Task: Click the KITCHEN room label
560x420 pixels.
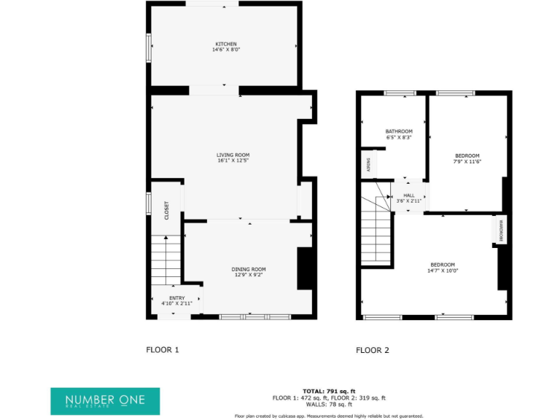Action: pyautogui.click(x=225, y=44)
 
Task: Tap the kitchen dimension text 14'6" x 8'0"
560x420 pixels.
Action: pyautogui.click(x=225, y=50)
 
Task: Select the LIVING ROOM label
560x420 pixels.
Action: pyautogui.click(x=233, y=155)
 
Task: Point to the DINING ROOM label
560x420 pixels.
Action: pyautogui.click(x=249, y=269)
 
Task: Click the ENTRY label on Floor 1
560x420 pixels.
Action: pyautogui.click(x=177, y=297)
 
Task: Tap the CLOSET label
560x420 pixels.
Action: pyautogui.click(x=166, y=211)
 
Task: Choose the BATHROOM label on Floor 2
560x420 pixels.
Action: pyautogui.click(x=399, y=131)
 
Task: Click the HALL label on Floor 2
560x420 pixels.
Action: pyautogui.click(x=408, y=195)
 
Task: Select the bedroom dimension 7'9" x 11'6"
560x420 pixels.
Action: pyautogui.click(x=467, y=161)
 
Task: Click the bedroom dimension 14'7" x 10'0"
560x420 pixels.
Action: pyautogui.click(x=443, y=271)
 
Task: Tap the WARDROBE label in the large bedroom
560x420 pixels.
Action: pyautogui.click(x=499, y=230)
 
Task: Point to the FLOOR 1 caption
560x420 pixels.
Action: pyautogui.click(x=163, y=350)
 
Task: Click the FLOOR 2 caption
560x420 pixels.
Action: pyautogui.click(x=372, y=350)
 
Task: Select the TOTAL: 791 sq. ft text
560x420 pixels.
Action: pyautogui.click(x=329, y=392)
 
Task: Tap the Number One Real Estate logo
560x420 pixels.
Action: pyautogui.click(x=105, y=401)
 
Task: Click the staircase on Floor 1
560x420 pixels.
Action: pyautogui.click(x=166, y=261)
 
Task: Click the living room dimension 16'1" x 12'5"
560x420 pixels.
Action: pyautogui.click(x=233, y=161)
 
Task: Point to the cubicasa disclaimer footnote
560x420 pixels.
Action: pyautogui.click(x=329, y=416)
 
